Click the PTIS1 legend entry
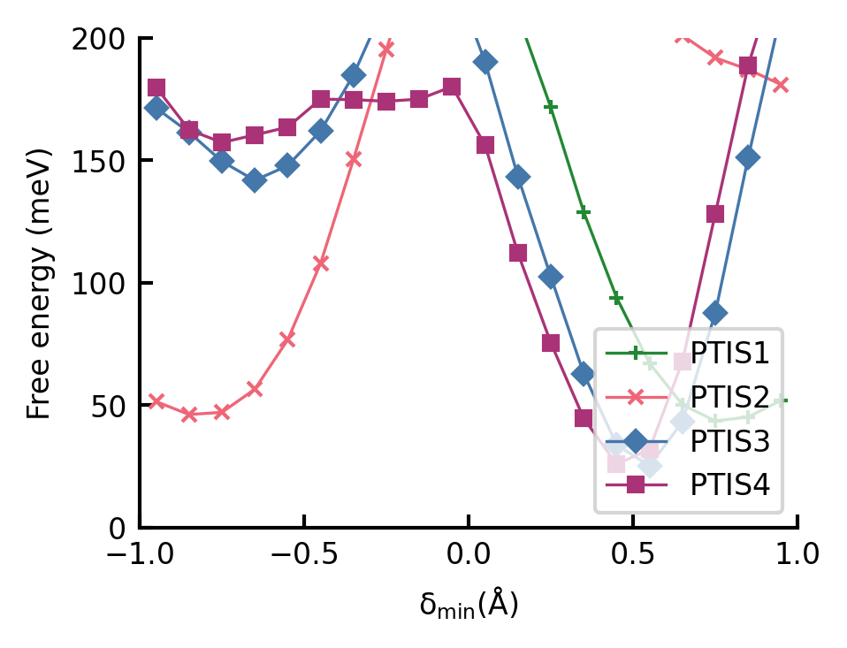tap(729, 353)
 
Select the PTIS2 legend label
tap(729, 396)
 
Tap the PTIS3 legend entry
tap(729, 440)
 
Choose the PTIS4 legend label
tap(729, 484)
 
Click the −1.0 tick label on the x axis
tap(140, 557)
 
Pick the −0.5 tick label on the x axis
tap(303, 557)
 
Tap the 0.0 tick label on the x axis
tap(469, 557)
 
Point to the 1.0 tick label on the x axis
tap(797, 557)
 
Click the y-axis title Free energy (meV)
tap(40, 283)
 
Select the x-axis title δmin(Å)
tap(469, 606)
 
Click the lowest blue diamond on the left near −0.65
tap(255, 180)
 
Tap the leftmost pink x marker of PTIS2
tap(156, 401)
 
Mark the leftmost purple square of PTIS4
tap(156, 88)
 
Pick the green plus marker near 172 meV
tap(551, 107)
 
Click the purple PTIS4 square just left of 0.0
tap(452, 87)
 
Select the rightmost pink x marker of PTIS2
tap(781, 85)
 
